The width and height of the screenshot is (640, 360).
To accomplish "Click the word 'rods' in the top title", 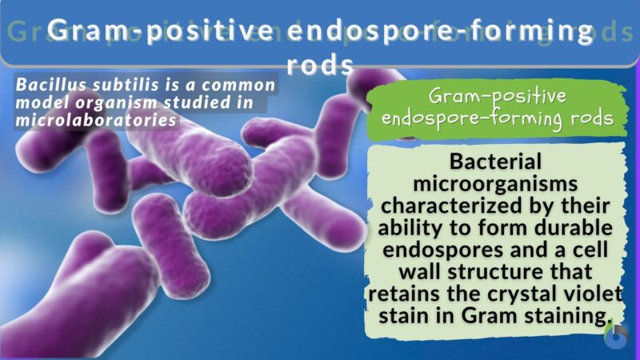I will coord(319,64).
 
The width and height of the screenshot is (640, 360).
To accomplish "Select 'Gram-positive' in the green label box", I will coord(498,97).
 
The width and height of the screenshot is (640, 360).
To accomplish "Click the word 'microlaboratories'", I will coord(96,119).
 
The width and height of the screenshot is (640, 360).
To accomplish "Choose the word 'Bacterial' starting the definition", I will coord(496,162).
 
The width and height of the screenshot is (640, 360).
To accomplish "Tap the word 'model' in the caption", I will coord(42,102).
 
